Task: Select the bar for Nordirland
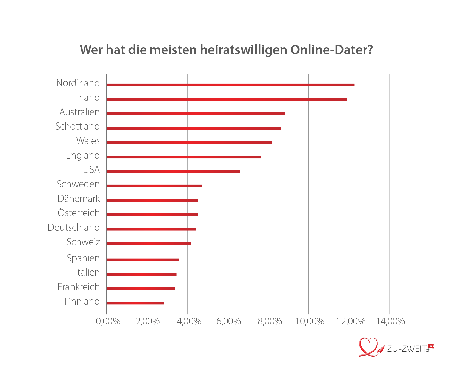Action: point(230,85)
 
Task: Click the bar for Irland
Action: point(226,99)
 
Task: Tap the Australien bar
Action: point(196,114)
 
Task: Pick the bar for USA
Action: point(173,172)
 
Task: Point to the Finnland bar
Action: point(135,303)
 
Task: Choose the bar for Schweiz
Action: point(148,244)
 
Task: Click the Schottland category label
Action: point(78,127)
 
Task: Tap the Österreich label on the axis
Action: point(79,213)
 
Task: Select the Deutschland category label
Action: point(74,228)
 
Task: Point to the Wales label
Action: point(88,141)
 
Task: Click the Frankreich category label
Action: point(79,287)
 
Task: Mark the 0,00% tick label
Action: point(108,321)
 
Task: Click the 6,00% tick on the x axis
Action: point(228,321)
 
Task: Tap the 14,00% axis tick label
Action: point(390,321)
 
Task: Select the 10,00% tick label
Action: point(310,321)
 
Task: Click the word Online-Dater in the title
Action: point(331,50)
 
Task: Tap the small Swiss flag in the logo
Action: point(431,346)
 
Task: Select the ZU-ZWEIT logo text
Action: point(407,349)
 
